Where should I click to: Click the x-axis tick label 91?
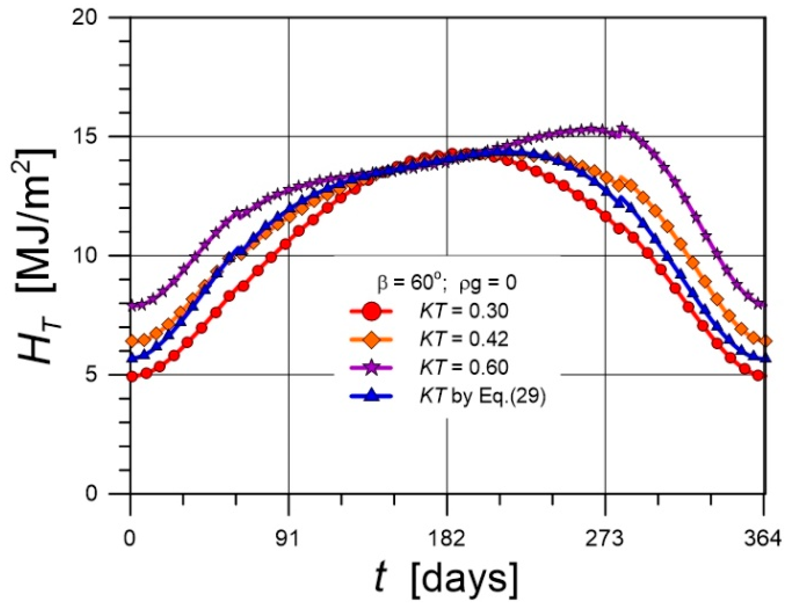(289, 539)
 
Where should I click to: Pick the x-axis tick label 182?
(447, 539)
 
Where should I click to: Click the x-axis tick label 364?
(763, 539)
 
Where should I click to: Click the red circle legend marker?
(371, 312)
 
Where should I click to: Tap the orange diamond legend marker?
(371, 339)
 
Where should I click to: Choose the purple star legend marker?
(371, 367)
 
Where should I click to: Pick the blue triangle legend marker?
(371, 395)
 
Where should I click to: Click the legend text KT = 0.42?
(464, 339)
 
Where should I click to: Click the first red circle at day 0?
(132, 376)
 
